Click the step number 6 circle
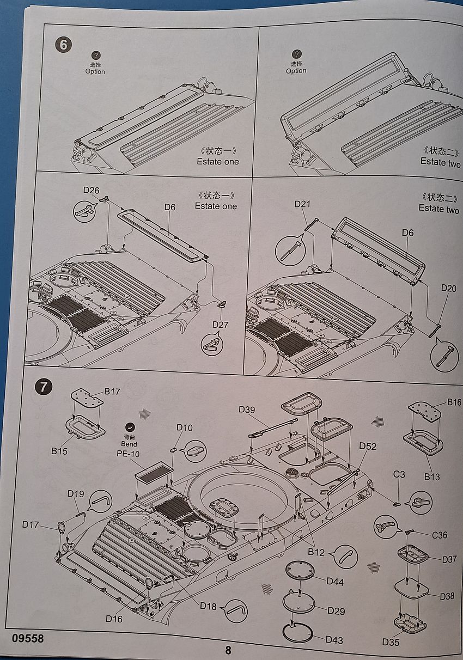click(x=64, y=45)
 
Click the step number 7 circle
click(x=43, y=387)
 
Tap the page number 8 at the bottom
click(x=228, y=650)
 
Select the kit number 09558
click(x=26, y=638)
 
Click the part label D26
click(x=91, y=190)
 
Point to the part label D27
click(x=221, y=326)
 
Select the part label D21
click(x=302, y=204)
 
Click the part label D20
click(x=449, y=288)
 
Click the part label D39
click(x=248, y=409)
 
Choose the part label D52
click(x=368, y=446)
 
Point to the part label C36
click(x=439, y=535)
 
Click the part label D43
click(x=334, y=639)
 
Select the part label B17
click(x=112, y=392)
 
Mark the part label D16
click(x=115, y=619)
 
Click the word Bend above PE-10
click(x=129, y=444)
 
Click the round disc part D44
click(x=300, y=570)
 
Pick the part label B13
click(x=432, y=476)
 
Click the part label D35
click(x=391, y=642)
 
